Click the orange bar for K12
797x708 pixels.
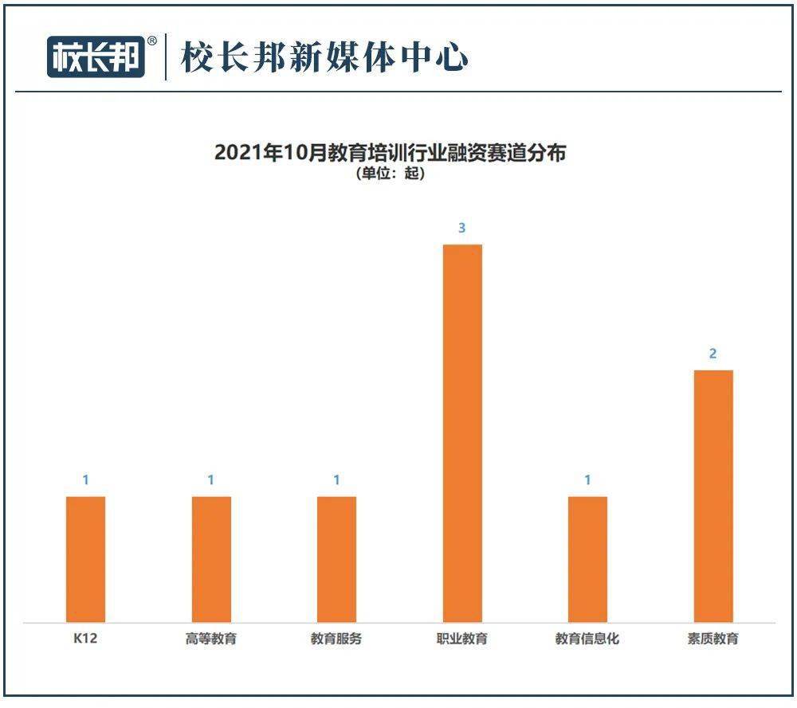point(85,559)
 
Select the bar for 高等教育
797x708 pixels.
point(211,559)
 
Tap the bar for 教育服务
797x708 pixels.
point(336,559)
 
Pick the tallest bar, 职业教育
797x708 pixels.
point(462,433)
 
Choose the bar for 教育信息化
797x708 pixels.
point(587,559)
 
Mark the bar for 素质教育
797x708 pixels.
point(713,496)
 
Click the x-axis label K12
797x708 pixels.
point(84,639)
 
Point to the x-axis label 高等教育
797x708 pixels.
point(211,639)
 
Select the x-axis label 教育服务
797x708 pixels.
point(336,639)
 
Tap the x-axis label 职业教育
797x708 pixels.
point(462,639)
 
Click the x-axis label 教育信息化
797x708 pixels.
point(587,639)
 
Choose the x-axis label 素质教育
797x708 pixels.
point(713,639)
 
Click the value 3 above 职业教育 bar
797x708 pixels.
point(462,229)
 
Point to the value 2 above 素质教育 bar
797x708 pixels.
point(713,354)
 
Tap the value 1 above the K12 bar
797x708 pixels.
point(85,480)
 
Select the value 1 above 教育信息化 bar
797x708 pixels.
point(587,480)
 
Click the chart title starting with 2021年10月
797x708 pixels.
point(390,152)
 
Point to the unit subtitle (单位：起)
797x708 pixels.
point(390,174)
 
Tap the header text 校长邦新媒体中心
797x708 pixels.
point(324,57)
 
